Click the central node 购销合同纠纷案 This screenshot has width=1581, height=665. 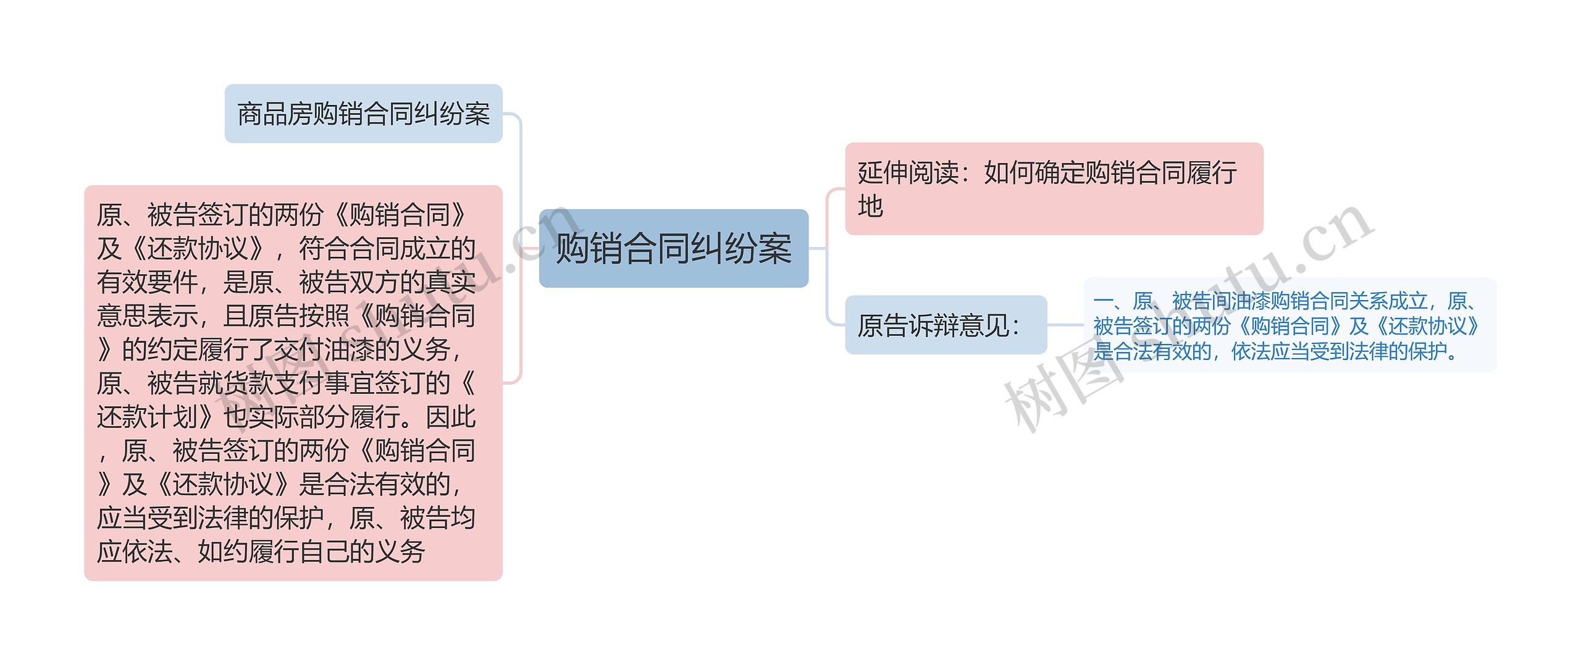coord(673,248)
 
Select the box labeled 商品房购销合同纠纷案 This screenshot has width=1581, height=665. coord(363,114)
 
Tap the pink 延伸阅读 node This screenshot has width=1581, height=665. coord(1053,188)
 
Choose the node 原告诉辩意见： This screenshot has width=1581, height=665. coord(945,325)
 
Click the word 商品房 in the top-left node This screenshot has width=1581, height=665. coord(275,114)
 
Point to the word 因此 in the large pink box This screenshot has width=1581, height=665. coord(451,417)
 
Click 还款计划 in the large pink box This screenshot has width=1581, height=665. coord(148,417)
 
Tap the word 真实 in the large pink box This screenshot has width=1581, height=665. coord(451,283)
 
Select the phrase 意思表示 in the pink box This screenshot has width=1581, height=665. coord(147,316)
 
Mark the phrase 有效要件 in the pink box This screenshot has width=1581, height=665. coord(147,283)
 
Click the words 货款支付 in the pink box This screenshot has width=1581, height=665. coord(273,383)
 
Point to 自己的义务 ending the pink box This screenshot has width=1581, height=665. coord(363,551)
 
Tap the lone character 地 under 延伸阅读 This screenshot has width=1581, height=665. coord(870,206)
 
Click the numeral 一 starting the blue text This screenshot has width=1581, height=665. coord(1102,301)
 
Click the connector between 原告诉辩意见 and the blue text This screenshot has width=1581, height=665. coord(1065,325)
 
